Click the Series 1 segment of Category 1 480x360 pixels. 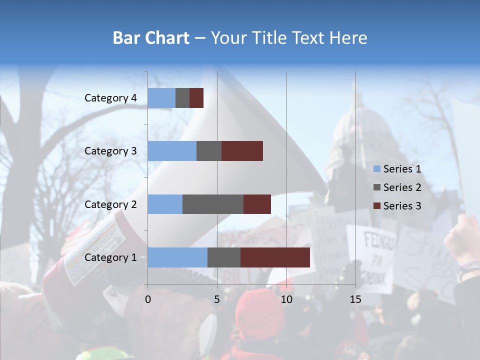[x=177, y=257]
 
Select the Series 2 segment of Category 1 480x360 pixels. [x=224, y=257]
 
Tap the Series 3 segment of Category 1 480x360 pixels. [x=275, y=257]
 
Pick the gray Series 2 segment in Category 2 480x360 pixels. [x=213, y=204]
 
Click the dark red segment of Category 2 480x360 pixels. [x=257, y=204]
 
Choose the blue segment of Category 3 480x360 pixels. [x=172, y=151]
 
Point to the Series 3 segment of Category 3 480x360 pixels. [x=242, y=151]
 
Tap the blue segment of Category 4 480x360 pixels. [x=161, y=98]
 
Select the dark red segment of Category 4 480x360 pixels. [x=196, y=98]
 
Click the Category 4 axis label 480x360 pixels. [x=110, y=98]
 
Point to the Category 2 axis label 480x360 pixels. [x=110, y=204]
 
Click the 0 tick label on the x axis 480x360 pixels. [x=148, y=299]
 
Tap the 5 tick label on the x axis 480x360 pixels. [x=217, y=299]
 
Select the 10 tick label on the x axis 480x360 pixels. [x=286, y=299]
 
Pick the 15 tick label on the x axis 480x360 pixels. [x=355, y=299]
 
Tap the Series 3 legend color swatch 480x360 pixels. [x=377, y=206]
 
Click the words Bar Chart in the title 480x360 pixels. [x=151, y=38]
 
